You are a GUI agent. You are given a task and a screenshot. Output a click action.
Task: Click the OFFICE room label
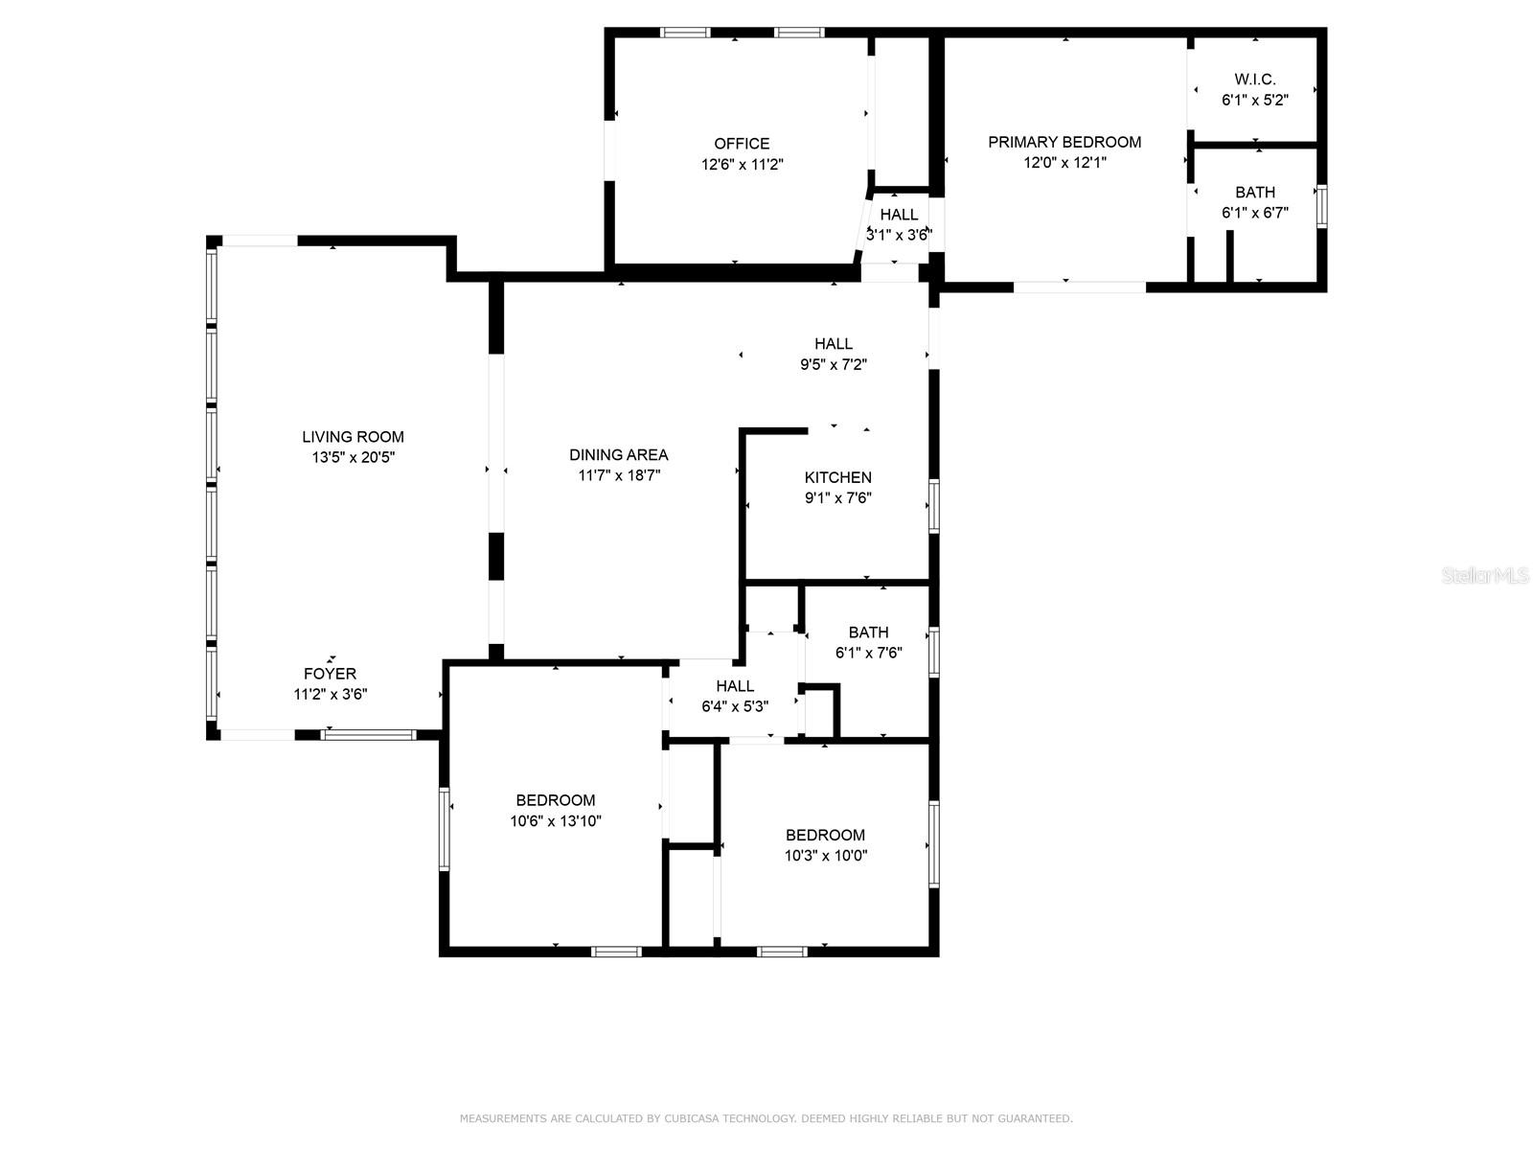point(742,144)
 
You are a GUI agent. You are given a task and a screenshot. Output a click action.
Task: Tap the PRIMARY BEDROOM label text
point(1064,142)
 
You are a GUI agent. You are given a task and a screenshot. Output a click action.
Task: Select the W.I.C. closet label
point(1254,80)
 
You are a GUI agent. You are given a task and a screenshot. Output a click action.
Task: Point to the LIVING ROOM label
point(353,437)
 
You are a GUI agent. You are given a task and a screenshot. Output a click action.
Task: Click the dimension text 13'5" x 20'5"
point(353,458)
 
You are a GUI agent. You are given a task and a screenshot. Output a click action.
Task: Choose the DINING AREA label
point(618,454)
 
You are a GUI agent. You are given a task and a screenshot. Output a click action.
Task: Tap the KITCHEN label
point(837,477)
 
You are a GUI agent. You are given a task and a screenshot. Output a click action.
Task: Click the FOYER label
point(330,674)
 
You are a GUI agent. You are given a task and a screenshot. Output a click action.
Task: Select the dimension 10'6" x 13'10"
point(556,821)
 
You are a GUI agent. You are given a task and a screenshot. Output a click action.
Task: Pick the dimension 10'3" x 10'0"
point(825,856)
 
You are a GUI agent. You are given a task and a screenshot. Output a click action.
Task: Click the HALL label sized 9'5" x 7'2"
point(834,343)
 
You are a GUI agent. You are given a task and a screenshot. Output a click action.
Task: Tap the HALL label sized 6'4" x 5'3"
point(735,686)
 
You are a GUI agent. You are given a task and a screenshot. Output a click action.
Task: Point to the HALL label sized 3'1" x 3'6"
point(899,215)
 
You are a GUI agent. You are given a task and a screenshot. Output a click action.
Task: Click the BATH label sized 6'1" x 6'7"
point(1254,193)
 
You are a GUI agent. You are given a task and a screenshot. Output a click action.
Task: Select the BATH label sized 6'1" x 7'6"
point(868,632)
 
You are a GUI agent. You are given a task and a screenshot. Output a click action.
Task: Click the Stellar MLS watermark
point(1484,576)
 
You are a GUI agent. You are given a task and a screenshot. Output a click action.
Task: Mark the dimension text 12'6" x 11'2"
point(742,165)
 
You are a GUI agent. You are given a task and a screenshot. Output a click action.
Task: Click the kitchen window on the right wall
point(933,506)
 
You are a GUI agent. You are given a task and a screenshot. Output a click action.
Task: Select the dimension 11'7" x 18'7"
point(618,475)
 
